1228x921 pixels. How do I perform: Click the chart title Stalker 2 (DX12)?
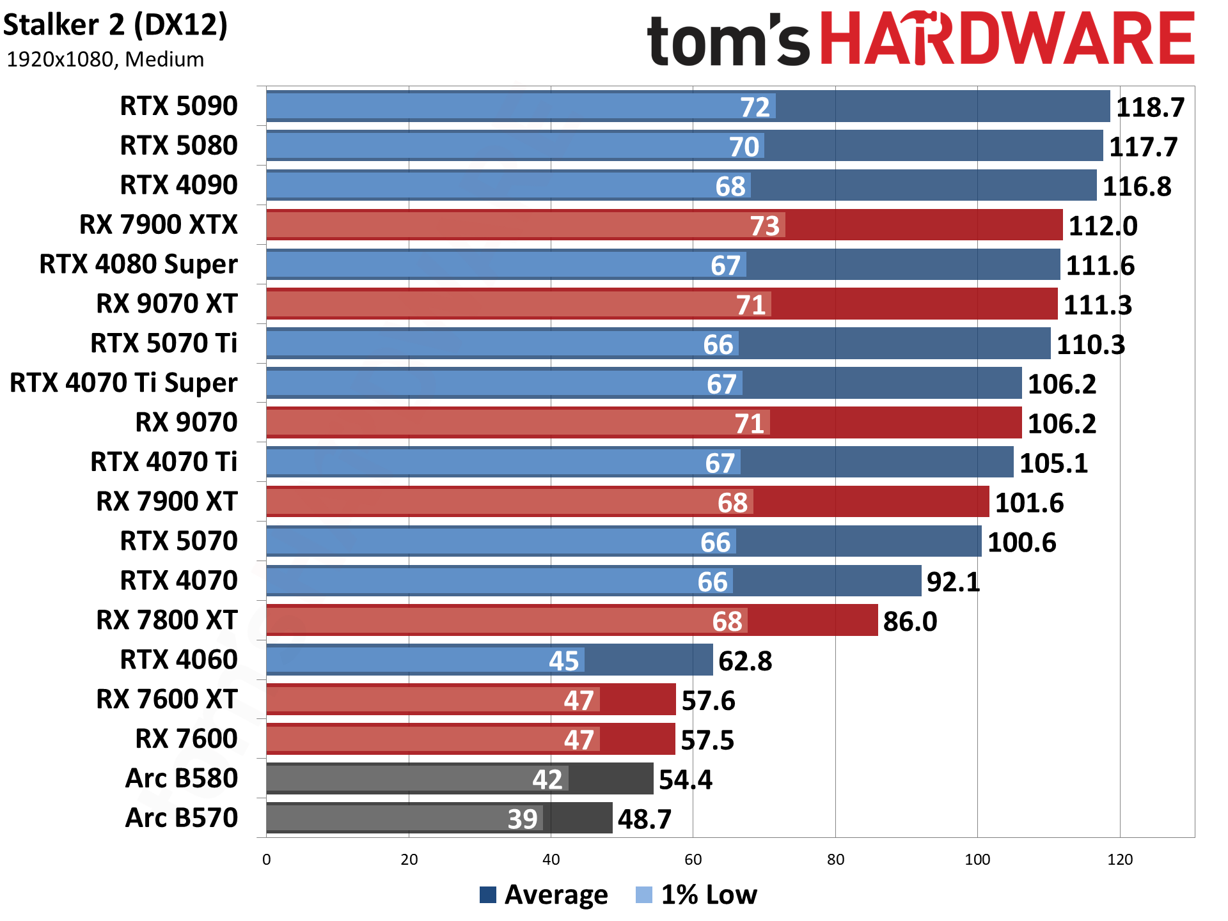pyautogui.click(x=115, y=26)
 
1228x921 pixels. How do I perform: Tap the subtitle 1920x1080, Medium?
pyautogui.click(x=105, y=59)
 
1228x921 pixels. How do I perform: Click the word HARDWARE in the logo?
pyautogui.click(x=1007, y=40)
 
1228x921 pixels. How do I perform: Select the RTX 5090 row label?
pyautogui.click(x=178, y=106)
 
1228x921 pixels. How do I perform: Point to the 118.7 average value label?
pyautogui.click(x=1150, y=107)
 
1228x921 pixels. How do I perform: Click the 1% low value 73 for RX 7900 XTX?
pyautogui.click(x=764, y=226)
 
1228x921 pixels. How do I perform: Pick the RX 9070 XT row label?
pyautogui.click(x=166, y=304)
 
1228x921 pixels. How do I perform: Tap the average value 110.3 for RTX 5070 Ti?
pyautogui.click(x=1090, y=345)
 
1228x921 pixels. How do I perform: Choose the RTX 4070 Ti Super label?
pyautogui.click(x=123, y=383)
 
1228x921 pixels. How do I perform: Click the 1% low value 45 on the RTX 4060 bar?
pyautogui.click(x=563, y=662)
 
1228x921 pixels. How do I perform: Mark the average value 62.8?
pyautogui.click(x=745, y=662)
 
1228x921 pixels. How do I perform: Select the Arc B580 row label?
pyautogui.click(x=182, y=779)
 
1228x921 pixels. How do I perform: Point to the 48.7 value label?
pyautogui.click(x=644, y=819)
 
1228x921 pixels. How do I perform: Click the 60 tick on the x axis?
pyautogui.click(x=693, y=860)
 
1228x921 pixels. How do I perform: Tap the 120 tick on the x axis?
pyautogui.click(x=1119, y=860)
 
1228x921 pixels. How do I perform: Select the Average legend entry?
pyautogui.click(x=544, y=895)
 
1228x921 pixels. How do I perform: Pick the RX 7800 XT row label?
pyautogui.click(x=166, y=621)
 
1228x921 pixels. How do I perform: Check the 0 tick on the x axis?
pyautogui.click(x=267, y=860)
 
